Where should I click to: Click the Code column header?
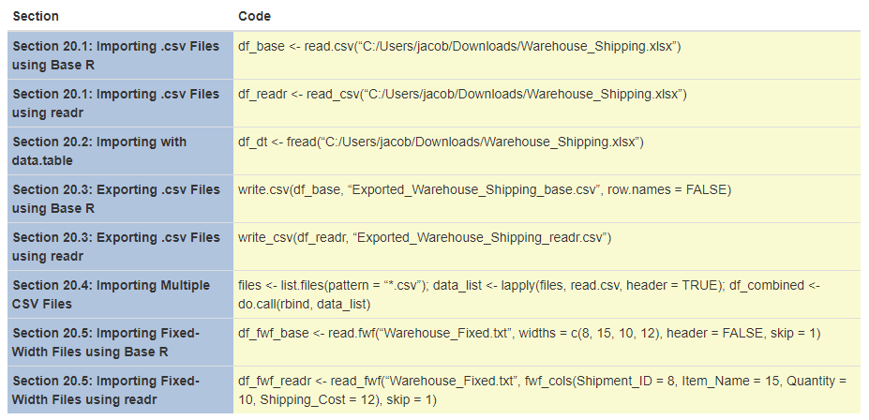(255, 17)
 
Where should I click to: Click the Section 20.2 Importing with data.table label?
(99, 150)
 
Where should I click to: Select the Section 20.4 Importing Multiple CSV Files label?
(111, 293)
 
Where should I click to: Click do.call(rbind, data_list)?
(305, 303)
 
